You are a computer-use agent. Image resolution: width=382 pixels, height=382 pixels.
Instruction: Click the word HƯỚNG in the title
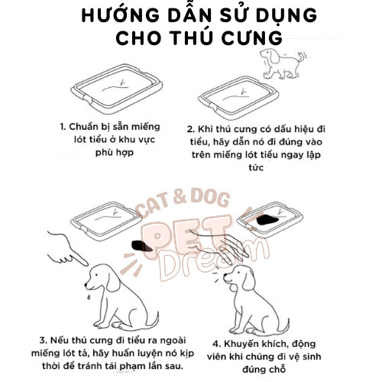coord(120,15)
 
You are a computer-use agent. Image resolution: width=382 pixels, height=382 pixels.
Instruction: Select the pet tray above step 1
coord(117,89)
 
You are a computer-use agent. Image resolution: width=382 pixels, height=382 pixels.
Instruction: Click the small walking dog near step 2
coord(283,63)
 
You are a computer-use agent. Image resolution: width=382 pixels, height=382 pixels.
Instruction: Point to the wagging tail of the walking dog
coord(302,57)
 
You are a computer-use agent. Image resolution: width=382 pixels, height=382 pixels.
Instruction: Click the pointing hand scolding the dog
coord(68,248)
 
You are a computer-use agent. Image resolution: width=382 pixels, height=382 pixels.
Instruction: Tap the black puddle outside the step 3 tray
coord(141,246)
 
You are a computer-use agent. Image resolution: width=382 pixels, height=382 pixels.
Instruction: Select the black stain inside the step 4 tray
coord(267,220)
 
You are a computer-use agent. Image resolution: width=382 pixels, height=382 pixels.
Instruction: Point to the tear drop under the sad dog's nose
coord(89,296)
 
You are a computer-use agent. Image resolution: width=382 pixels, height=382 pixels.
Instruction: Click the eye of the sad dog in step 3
coord(96,275)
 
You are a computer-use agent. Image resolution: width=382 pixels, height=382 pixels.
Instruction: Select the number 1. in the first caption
coord(63,127)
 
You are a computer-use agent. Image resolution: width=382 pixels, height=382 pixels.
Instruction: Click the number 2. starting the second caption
coord(191,129)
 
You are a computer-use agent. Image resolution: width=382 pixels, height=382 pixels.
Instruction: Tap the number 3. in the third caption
coord(44,341)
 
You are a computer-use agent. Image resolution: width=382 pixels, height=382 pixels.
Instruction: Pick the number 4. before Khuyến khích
coord(217,344)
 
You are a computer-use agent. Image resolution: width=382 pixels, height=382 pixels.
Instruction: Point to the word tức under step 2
coord(256,167)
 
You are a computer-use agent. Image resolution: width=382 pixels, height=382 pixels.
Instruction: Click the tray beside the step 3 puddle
coord(106,221)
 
